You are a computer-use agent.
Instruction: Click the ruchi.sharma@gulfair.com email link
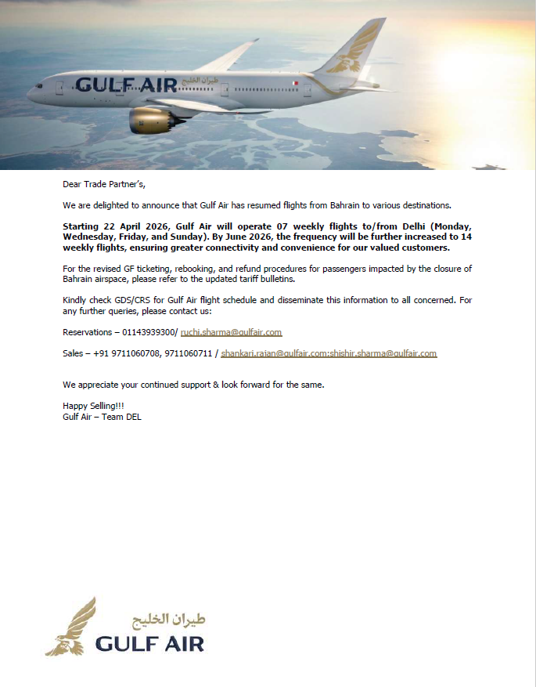coord(231,332)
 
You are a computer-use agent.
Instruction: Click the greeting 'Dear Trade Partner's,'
coord(104,185)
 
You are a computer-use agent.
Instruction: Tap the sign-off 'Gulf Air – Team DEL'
coord(102,417)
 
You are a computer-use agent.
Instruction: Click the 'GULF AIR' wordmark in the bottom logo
coord(149,644)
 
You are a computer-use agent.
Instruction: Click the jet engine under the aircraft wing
coord(149,120)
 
